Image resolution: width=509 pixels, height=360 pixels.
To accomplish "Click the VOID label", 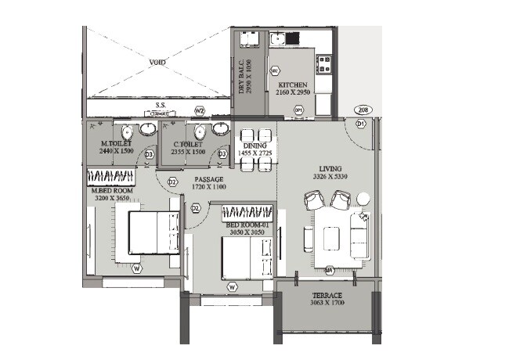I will click(x=158, y=61).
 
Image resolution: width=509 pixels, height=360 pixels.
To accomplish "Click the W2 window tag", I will click(x=200, y=110).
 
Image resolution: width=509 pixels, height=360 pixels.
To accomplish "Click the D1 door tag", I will click(x=361, y=124).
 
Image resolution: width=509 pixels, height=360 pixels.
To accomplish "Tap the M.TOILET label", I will click(x=116, y=144).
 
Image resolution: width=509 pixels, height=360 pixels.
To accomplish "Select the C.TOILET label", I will click(x=190, y=145).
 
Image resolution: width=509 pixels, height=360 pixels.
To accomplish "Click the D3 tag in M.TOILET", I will click(x=149, y=155).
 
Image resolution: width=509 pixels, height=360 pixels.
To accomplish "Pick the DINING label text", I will click(x=255, y=146).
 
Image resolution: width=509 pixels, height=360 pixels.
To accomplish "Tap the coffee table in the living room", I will click(x=331, y=238).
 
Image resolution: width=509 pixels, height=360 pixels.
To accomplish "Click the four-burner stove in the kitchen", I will click(x=325, y=62).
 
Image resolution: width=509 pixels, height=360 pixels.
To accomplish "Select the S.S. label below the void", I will click(x=160, y=104).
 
